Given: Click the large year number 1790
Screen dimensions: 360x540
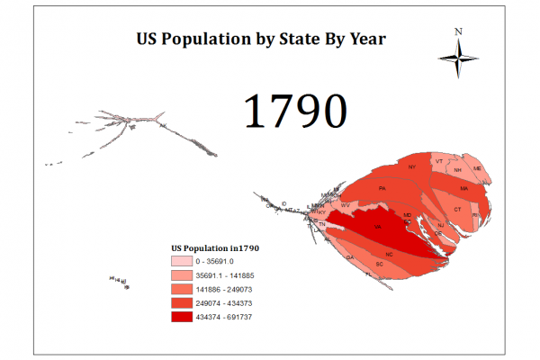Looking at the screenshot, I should [295, 112].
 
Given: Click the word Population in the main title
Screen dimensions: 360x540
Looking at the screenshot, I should [212, 40].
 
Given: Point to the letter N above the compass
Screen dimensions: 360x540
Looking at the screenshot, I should [458, 31].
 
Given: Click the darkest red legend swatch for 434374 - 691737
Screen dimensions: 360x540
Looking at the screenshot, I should [181, 318].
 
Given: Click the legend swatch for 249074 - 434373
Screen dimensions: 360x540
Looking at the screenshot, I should [181, 303].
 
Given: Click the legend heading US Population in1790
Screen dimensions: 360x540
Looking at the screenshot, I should [215, 247].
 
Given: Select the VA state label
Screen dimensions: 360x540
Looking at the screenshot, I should [378, 228].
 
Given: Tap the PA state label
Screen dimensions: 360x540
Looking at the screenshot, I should [382, 188].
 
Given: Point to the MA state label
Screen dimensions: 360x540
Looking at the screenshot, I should [464, 189].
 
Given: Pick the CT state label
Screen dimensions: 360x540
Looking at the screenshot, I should [457, 209].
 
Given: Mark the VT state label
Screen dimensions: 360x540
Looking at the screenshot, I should [439, 161].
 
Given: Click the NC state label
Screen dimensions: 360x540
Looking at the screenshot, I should [390, 255].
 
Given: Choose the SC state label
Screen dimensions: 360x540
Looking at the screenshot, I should [379, 263].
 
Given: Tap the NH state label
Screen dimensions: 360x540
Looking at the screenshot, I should [458, 169].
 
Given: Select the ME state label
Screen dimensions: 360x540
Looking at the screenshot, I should [478, 168].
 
